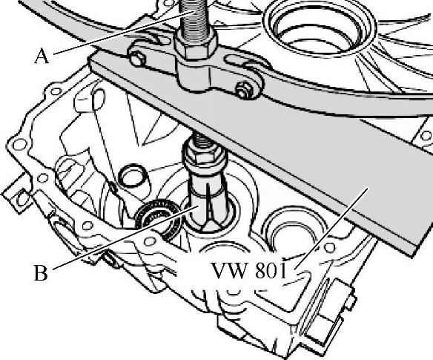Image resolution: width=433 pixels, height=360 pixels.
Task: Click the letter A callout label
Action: coord(42,56)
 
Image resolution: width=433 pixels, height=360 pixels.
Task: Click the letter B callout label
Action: coord(41,273)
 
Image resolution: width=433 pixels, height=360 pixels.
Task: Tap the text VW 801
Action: coord(249,270)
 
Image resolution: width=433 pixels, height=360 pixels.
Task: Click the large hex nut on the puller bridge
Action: coord(196,45)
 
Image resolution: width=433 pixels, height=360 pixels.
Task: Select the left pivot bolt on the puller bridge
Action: coord(137,59)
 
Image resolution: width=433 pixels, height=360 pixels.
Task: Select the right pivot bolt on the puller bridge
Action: coord(243,90)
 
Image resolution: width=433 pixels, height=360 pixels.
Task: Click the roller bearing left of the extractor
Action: coord(157,218)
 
